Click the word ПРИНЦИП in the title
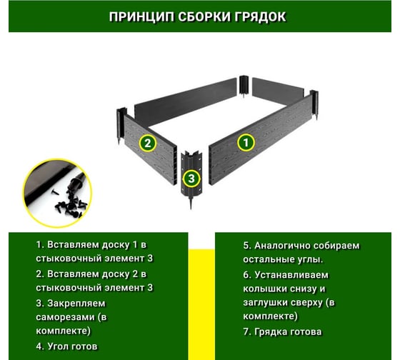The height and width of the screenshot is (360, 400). (x=141, y=17)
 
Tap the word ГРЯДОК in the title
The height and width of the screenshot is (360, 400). (x=260, y=17)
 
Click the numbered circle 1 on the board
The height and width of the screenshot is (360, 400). (x=246, y=143)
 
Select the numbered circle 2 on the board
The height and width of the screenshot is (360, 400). (x=148, y=143)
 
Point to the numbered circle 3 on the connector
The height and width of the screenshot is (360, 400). (x=191, y=178)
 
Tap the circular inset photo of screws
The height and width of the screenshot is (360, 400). (x=57, y=194)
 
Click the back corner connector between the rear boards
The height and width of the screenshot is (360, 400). (x=244, y=86)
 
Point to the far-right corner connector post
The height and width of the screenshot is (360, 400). (x=314, y=104)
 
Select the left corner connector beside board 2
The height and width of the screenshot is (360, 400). (x=121, y=126)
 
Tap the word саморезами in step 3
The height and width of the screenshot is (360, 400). (x=65, y=317)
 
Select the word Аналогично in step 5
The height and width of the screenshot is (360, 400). (x=282, y=246)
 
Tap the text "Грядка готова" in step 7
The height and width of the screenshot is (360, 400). (x=288, y=331)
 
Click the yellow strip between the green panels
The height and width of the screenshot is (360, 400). (x=201, y=304)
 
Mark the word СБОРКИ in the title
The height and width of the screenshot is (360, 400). (x=204, y=17)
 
